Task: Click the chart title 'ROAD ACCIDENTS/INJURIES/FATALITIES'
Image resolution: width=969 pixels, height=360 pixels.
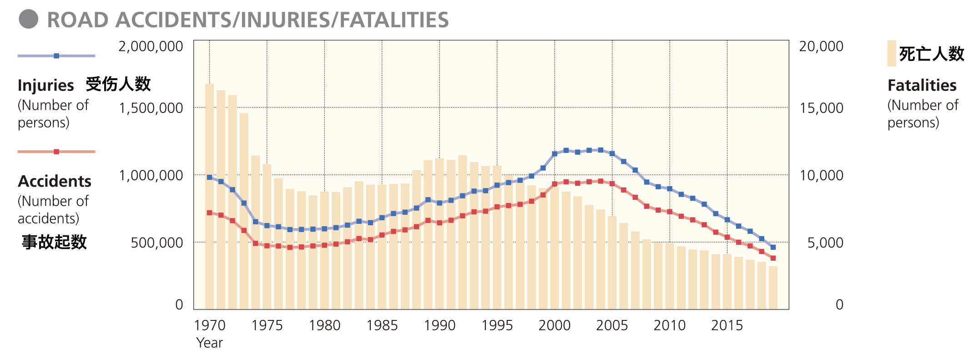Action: click(248, 20)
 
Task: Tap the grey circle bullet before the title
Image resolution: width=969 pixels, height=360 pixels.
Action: click(28, 19)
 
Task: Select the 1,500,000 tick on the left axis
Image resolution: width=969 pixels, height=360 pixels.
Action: click(151, 108)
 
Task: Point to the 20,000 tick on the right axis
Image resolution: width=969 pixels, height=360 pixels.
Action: click(821, 46)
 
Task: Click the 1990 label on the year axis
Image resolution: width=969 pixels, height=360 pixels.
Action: click(439, 325)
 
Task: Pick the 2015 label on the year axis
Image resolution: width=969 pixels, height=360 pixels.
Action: click(727, 325)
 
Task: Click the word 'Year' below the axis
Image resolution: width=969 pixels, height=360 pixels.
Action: click(209, 343)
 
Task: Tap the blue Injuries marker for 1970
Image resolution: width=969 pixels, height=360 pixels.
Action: click(209, 177)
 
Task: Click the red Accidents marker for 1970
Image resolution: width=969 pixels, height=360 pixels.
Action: click(209, 213)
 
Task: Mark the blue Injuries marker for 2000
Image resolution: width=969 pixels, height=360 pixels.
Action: click(555, 154)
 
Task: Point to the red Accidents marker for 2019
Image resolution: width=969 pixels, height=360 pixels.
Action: click(773, 258)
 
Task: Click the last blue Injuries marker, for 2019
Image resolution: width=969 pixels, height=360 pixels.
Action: click(773, 247)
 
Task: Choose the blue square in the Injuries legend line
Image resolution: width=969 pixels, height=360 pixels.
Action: click(56, 56)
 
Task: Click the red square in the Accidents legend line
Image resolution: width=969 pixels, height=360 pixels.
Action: click(56, 152)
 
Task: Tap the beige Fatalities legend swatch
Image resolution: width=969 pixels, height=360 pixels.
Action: click(891, 53)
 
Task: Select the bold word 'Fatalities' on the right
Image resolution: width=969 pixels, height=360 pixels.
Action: click(922, 86)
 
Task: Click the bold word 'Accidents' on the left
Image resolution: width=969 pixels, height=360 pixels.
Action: click(55, 182)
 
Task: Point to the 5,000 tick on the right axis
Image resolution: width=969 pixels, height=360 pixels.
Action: click(825, 243)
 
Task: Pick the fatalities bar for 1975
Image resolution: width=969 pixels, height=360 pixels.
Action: click(267, 237)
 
